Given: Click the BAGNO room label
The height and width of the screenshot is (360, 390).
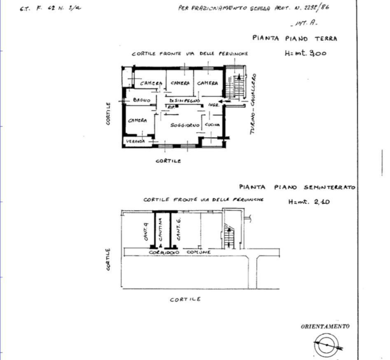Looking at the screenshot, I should (x=142, y=101).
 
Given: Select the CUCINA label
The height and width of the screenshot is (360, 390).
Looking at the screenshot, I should (x=212, y=124).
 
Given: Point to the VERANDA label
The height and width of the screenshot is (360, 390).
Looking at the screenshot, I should (x=135, y=141).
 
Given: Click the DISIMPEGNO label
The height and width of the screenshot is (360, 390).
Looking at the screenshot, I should (x=184, y=100).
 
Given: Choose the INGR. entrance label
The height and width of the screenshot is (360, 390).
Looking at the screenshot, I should (x=214, y=105).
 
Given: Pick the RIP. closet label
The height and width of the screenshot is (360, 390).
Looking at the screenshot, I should (x=171, y=107).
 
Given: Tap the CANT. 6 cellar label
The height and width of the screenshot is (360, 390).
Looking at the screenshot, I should (x=178, y=228).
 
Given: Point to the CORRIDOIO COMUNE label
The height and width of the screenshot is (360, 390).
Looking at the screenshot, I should (x=180, y=252).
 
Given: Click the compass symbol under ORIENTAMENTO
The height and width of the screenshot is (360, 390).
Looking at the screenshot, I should (x=326, y=345).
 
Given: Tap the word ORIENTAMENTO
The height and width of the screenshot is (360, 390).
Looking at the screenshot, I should (x=325, y=326).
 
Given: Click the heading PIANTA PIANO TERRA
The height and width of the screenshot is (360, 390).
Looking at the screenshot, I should (x=294, y=38).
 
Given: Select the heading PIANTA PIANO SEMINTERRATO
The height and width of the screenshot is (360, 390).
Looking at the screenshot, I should (x=297, y=187).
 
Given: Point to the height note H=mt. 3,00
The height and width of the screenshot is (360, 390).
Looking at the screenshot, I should (x=304, y=53).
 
